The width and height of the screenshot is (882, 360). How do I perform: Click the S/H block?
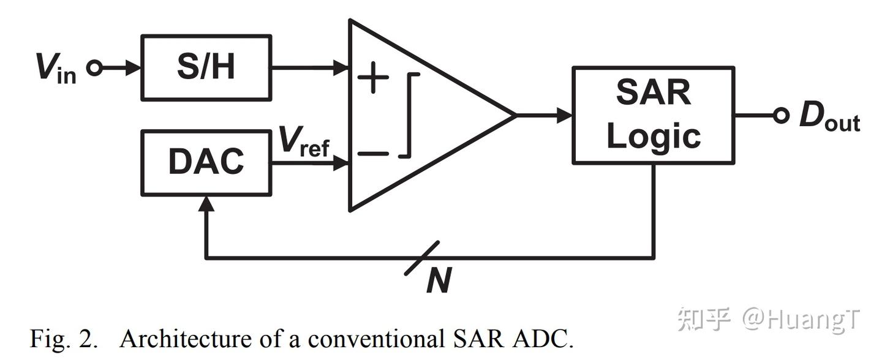pos(206,67)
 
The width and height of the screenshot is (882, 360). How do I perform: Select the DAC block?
pos(206,162)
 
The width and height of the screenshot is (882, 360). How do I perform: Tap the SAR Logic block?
pos(653,115)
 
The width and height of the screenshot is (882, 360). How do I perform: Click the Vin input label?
pos(56,69)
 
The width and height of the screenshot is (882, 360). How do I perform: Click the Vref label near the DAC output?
pos(304,142)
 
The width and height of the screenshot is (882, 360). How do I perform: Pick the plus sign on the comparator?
pos(372,78)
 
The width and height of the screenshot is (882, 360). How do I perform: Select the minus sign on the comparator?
pos(372,153)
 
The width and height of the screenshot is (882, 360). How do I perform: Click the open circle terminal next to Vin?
pos(94,68)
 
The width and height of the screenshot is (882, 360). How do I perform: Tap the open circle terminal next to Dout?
pos(780,115)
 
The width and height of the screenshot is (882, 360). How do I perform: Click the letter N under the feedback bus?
pos(439,282)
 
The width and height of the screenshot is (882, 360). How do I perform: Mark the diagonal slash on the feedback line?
pos(423,258)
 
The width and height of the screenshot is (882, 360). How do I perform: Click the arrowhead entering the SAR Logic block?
pos(564,115)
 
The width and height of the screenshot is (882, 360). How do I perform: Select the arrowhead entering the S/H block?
pos(133,68)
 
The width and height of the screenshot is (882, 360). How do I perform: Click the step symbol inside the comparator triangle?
pos(410,115)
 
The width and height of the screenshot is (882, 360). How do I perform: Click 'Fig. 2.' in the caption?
pos(63,339)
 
